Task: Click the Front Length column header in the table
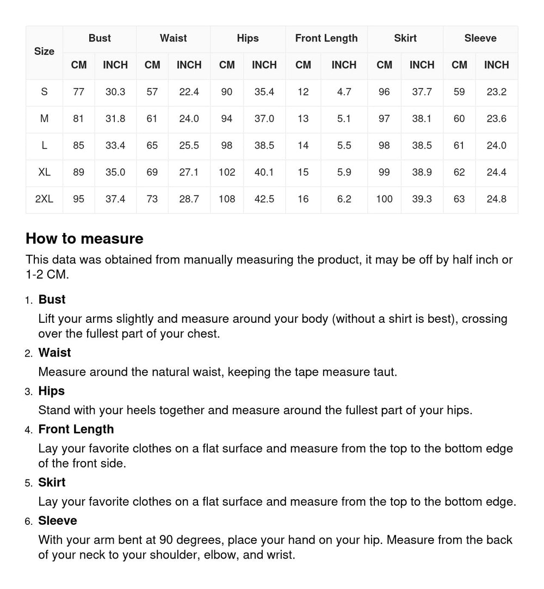[326, 38]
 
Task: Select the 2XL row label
[44, 199]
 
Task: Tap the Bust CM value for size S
[79, 92]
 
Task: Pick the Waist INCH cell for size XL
[189, 173]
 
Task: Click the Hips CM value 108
[227, 199]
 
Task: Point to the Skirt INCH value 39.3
[422, 199]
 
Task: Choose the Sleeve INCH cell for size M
[496, 119]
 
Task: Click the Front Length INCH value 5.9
[344, 173]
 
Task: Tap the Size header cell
[44, 52]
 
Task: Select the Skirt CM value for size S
[384, 92]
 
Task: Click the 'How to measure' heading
[84, 238]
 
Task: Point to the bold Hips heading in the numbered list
[51, 391]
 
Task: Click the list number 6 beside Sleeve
[29, 521]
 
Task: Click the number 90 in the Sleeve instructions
[166, 540]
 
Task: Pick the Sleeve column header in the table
[480, 38]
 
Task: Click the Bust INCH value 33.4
[115, 146]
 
